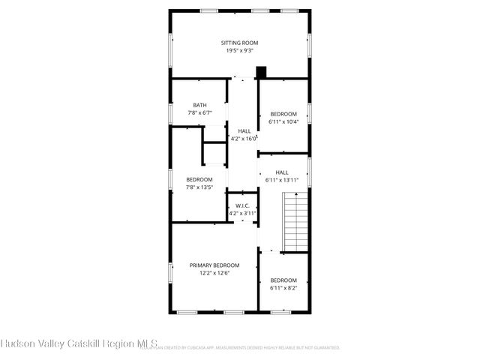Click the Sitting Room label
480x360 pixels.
click(x=239, y=43)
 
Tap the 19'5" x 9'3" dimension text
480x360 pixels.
click(x=239, y=50)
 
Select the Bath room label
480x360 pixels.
click(x=199, y=105)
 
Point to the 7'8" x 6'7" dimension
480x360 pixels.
click(x=199, y=112)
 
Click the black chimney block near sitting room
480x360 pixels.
click(x=261, y=73)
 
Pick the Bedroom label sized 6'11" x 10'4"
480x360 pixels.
click(x=283, y=114)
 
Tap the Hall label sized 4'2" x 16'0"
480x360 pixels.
click(x=244, y=130)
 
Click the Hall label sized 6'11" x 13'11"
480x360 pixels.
click(x=281, y=172)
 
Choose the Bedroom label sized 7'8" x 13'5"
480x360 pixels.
click(x=199, y=179)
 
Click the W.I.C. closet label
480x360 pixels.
click(x=242, y=205)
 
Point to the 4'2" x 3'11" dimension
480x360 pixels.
click(x=242, y=213)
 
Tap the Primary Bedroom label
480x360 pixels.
click(x=214, y=265)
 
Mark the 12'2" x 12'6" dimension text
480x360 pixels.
click(x=214, y=273)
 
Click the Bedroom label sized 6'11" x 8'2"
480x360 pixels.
click(x=283, y=280)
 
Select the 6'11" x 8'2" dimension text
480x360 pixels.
click(x=283, y=287)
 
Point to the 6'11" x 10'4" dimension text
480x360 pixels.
click(x=283, y=121)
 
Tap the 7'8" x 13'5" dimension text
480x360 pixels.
click(x=199, y=187)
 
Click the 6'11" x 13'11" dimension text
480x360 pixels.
click(x=282, y=180)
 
